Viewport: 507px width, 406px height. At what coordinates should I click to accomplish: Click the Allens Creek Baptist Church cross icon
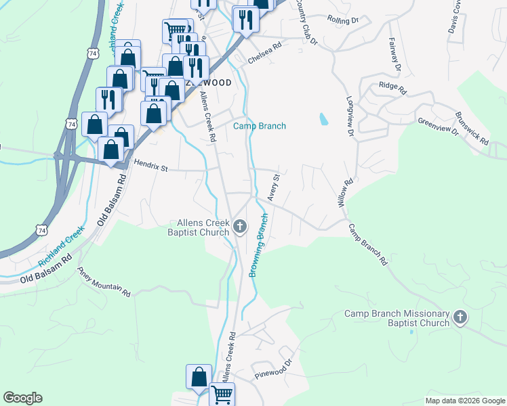(x=239, y=227)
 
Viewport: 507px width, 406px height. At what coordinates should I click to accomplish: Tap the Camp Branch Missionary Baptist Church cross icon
(x=460, y=317)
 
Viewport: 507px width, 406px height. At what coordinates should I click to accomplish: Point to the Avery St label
(x=275, y=187)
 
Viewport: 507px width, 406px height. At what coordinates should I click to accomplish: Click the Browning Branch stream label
(x=260, y=245)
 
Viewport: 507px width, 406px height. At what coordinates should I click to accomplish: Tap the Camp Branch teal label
(x=260, y=126)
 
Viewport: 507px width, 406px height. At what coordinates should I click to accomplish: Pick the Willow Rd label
(x=346, y=193)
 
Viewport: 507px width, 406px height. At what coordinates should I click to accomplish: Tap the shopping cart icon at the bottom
(x=222, y=393)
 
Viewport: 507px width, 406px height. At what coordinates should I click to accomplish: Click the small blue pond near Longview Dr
(x=323, y=120)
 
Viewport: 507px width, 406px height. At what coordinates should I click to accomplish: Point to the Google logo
(x=22, y=398)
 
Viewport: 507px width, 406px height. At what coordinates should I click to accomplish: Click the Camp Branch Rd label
(x=368, y=244)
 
